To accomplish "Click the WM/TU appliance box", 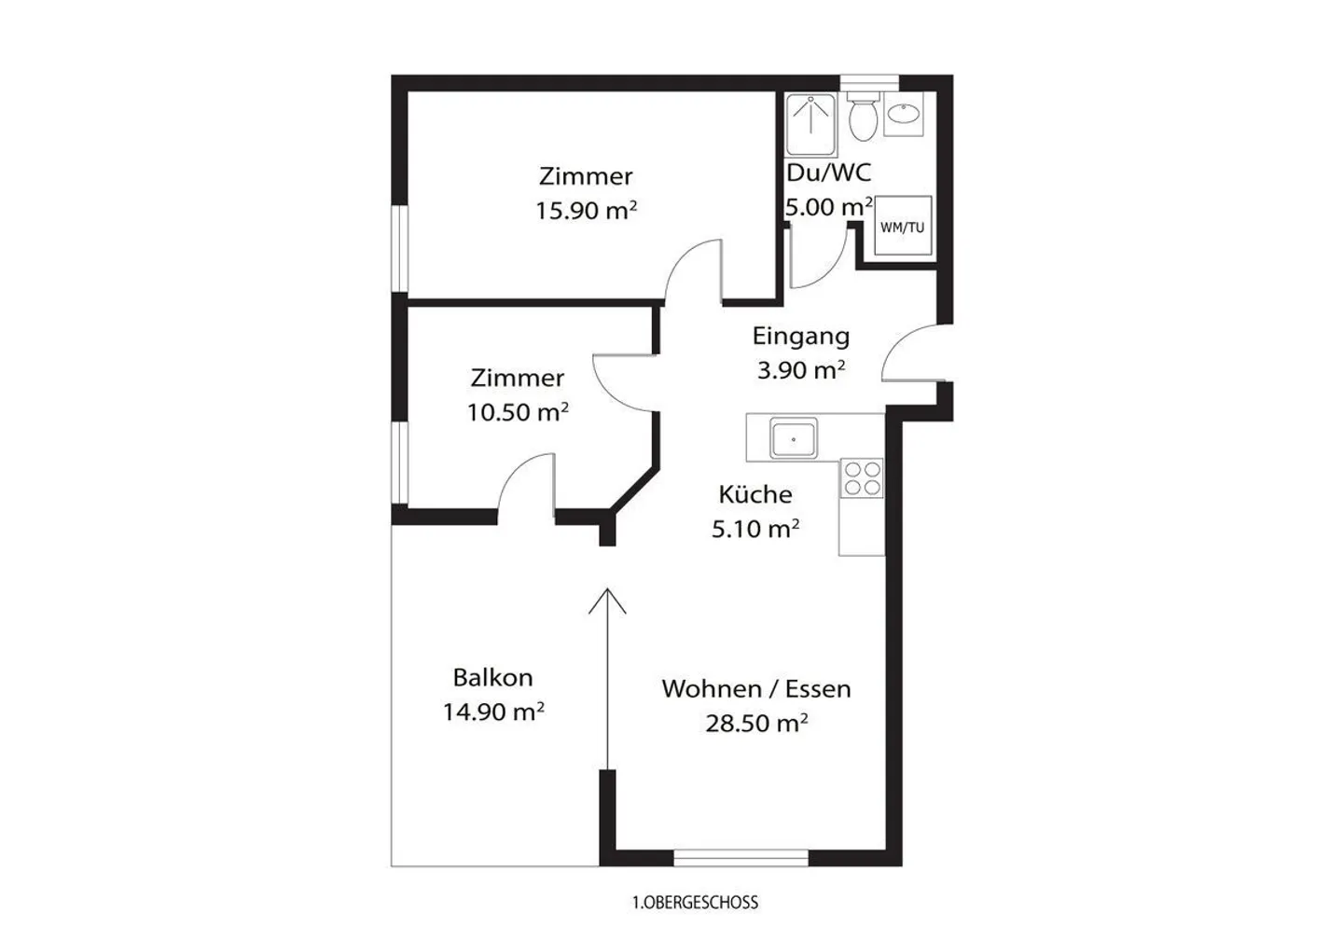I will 903,226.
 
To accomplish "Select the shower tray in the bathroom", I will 810,125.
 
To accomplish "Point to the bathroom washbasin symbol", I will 903,115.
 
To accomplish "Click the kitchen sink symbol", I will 793,438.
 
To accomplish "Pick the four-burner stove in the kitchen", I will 862,478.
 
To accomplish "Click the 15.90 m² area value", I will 586,211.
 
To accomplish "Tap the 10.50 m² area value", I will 518,412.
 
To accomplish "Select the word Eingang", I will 800,336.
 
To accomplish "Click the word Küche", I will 755,494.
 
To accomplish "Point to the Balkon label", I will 492,678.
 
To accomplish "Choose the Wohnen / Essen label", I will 756,689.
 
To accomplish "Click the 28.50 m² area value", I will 756,724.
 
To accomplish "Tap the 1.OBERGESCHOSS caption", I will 695,903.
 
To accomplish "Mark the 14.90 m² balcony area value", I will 493,712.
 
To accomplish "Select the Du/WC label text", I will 829,173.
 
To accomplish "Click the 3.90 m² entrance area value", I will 801,370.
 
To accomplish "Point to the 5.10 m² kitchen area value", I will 755,530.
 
